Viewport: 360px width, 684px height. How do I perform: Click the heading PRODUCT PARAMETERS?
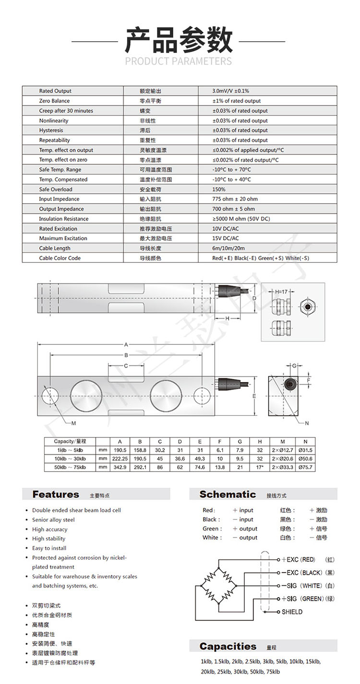[x=178, y=61]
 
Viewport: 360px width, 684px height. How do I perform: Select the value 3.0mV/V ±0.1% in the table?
[x=230, y=91]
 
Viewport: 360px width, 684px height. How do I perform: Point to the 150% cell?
[x=218, y=189]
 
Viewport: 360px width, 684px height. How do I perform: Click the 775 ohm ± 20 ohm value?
[x=235, y=199]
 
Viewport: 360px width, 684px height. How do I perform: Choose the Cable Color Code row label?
[x=60, y=258]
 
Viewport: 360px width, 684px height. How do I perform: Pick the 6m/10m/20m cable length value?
[x=228, y=248]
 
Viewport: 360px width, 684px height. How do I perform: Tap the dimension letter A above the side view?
[x=126, y=344]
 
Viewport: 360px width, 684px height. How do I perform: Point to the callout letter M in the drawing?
[x=73, y=423]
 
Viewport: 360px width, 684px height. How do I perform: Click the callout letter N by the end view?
[x=307, y=423]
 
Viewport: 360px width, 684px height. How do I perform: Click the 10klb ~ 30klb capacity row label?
[x=69, y=459]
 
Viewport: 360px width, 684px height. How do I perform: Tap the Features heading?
[x=56, y=494]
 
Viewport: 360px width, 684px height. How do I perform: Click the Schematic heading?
[x=228, y=494]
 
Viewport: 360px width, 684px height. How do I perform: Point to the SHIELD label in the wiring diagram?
[x=292, y=612]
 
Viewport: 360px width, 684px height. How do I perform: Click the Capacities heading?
[x=228, y=646]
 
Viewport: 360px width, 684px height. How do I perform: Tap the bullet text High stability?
[x=49, y=539]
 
